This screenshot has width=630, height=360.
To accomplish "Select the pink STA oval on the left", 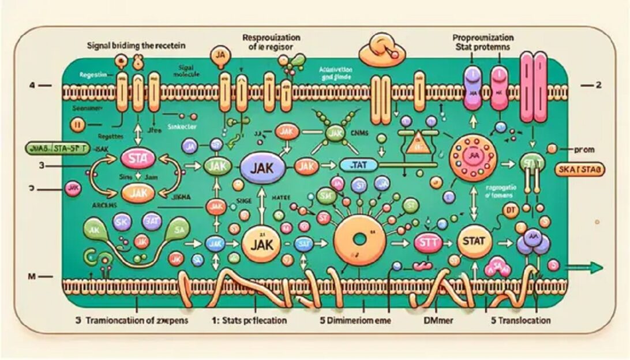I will (x=138, y=157).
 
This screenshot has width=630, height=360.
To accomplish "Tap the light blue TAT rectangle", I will (x=356, y=165).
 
